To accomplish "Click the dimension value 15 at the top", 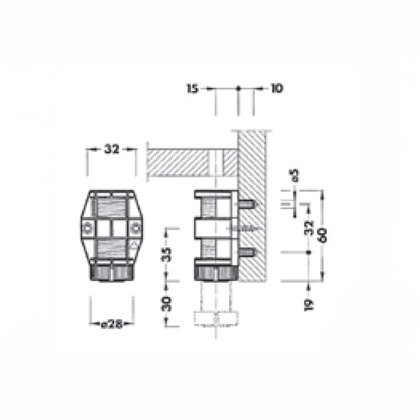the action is click(192, 89).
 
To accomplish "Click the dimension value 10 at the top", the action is click(276, 88).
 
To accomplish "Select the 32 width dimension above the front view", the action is click(111, 149).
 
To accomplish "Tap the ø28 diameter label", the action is click(111, 325).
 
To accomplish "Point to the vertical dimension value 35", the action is click(166, 255).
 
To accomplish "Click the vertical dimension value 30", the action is click(166, 304).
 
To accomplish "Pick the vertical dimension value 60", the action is click(323, 235).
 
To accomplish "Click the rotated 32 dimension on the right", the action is click(309, 228).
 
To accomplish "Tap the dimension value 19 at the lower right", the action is click(309, 305).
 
